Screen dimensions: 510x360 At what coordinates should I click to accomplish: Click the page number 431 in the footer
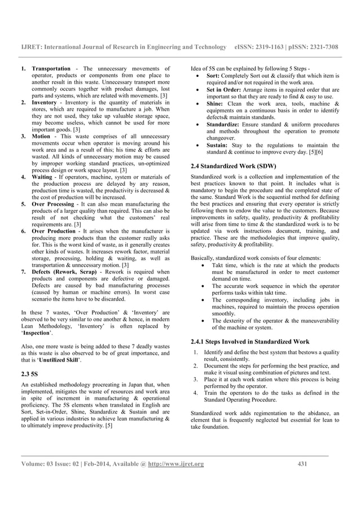point(302,465)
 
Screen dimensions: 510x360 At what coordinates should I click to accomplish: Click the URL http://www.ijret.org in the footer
point(177,465)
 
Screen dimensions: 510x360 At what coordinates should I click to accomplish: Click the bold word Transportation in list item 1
point(51,69)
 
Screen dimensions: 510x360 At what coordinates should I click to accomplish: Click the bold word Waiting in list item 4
point(43,177)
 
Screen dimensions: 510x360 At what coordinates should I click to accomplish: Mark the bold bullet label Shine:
point(217,104)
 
